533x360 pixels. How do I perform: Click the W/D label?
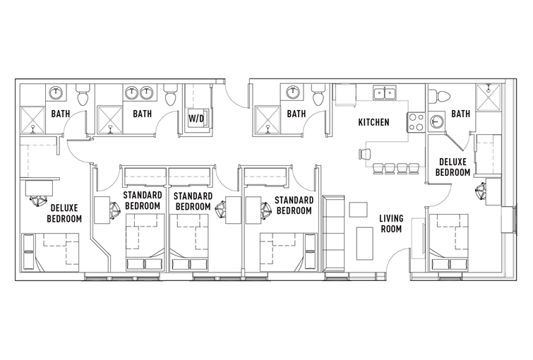coord(196,119)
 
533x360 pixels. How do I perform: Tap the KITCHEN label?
coord(373,122)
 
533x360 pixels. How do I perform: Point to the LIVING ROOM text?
coord(391,223)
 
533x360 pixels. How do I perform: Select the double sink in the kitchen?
coord(385,92)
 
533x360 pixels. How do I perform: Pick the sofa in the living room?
coord(333,234)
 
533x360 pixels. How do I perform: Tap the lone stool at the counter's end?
coord(364,154)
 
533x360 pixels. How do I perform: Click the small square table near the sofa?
coord(359,210)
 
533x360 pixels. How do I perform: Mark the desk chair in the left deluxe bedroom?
coord(37,200)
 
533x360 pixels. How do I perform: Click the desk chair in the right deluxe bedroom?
coord(481,192)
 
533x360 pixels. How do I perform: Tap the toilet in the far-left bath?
coord(83,95)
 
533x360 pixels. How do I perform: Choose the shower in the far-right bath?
coord(489,97)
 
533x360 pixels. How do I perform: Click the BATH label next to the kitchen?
coord(297,114)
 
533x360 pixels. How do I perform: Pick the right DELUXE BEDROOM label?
coord(453,167)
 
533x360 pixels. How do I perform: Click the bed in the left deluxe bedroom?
coord(50,252)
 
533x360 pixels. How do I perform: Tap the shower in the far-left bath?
coord(33,120)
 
